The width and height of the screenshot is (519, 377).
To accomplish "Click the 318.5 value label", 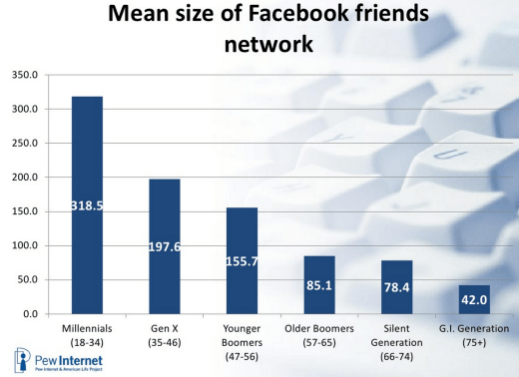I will [x=87, y=204].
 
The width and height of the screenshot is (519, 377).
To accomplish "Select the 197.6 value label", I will [x=164, y=245].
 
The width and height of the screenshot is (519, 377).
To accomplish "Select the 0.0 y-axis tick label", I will [x=29, y=314].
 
